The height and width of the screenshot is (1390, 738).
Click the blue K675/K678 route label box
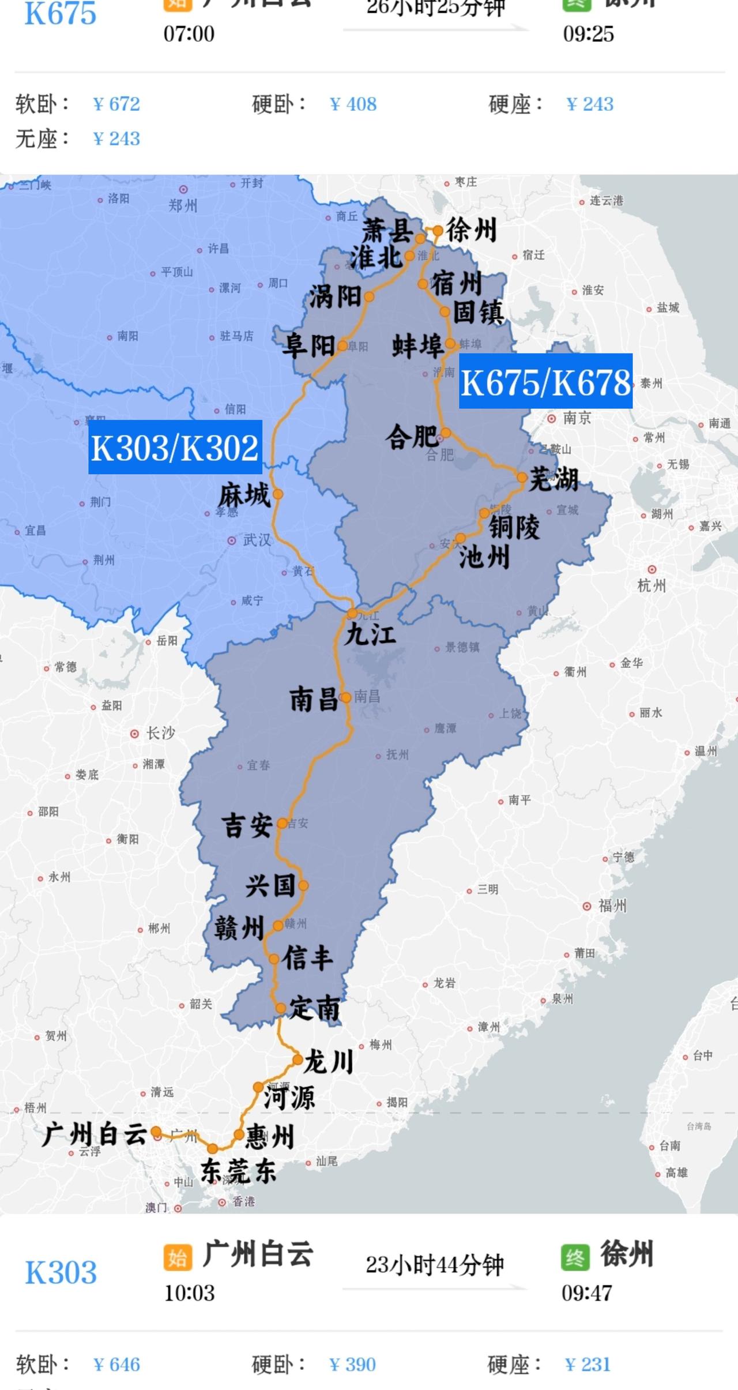tap(545, 381)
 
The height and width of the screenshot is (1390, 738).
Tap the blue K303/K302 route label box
tap(175, 447)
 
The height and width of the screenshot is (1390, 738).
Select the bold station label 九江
tap(370, 635)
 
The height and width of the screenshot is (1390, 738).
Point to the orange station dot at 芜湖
tap(522, 478)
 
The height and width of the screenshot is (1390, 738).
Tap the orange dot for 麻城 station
tap(278, 494)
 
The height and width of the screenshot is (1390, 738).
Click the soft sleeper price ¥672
tap(116, 104)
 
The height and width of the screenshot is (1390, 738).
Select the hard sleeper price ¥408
tap(353, 104)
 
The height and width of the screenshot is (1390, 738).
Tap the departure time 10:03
tap(189, 1293)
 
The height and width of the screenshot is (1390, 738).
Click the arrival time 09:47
tap(587, 1293)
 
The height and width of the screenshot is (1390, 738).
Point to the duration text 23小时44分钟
tap(435, 1265)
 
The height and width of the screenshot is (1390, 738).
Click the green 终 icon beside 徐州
tap(575, 1258)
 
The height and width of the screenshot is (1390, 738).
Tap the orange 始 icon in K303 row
tap(178, 1258)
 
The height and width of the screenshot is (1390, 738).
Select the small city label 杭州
tap(652, 585)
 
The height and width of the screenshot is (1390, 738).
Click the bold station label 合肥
tap(411, 437)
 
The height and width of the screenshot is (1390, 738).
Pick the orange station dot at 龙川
tap(298, 1060)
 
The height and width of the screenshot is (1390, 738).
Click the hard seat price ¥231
tap(588, 1365)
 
